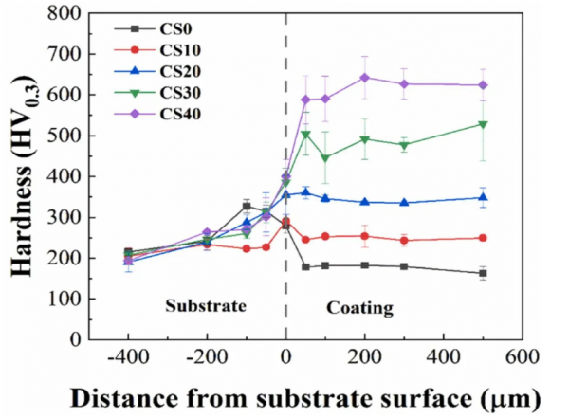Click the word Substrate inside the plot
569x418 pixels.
pyautogui.click(x=205, y=307)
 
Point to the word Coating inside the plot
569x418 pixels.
pyautogui.click(x=359, y=308)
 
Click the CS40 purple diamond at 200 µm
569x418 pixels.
pyautogui.click(x=364, y=78)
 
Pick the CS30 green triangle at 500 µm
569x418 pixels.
pyautogui.click(x=483, y=124)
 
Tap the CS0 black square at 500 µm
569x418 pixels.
pyautogui.click(x=483, y=273)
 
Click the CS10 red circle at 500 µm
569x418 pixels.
pyautogui.click(x=483, y=238)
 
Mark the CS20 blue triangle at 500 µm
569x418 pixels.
pyautogui.click(x=483, y=197)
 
